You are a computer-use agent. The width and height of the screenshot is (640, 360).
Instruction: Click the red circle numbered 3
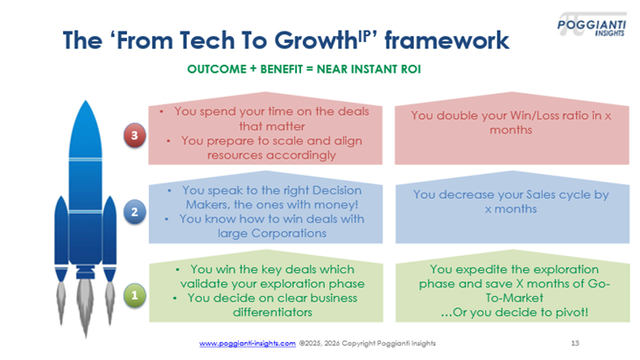(133, 136)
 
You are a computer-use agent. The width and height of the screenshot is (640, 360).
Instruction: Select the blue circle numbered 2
(133, 212)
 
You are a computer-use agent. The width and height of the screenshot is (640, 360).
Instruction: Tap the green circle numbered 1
(133, 296)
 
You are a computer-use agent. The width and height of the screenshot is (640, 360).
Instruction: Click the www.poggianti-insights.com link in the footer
(248, 343)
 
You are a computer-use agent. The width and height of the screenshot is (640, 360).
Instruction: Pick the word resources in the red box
(236, 155)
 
